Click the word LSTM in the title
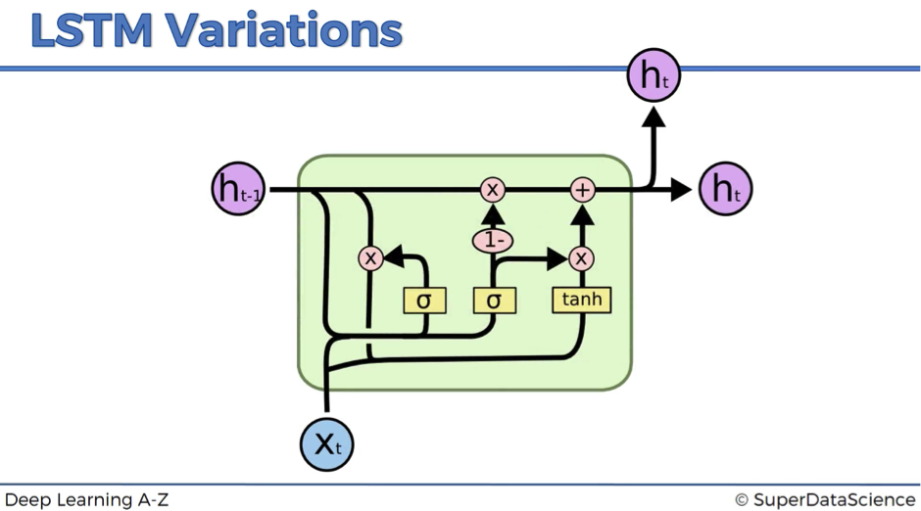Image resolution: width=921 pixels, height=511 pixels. click(x=92, y=30)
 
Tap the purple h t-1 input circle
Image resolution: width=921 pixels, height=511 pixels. click(x=238, y=189)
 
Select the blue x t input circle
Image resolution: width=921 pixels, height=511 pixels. click(x=326, y=444)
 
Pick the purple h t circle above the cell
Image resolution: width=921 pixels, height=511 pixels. click(x=654, y=75)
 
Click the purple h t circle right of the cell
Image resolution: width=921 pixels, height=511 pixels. click(x=725, y=189)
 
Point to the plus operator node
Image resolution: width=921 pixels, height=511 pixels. click(x=583, y=190)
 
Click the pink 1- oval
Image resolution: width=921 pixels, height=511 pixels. click(x=492, y=241)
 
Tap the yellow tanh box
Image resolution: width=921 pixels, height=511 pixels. click(x=581, y=300)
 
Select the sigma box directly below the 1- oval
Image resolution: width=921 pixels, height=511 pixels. click(x=495, y=301)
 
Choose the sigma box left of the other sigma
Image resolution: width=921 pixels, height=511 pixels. click(x=424, y=301)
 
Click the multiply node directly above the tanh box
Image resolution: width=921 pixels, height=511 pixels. click(x=581, y=258)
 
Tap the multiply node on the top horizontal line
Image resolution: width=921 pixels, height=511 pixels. click(x=492, y=190)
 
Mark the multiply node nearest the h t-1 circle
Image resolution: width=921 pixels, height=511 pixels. click(x=370, y=258)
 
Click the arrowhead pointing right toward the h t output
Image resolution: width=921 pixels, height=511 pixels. click(x=681, y=190)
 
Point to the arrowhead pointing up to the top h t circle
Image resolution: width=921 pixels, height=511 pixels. click(x=654, y=116)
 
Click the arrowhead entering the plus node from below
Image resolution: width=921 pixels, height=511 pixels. click(x=583, y=214)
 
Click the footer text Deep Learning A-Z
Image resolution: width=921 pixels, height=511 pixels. click(x=86, y=500)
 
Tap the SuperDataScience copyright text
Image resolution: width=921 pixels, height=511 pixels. click(x=825, y=500)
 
